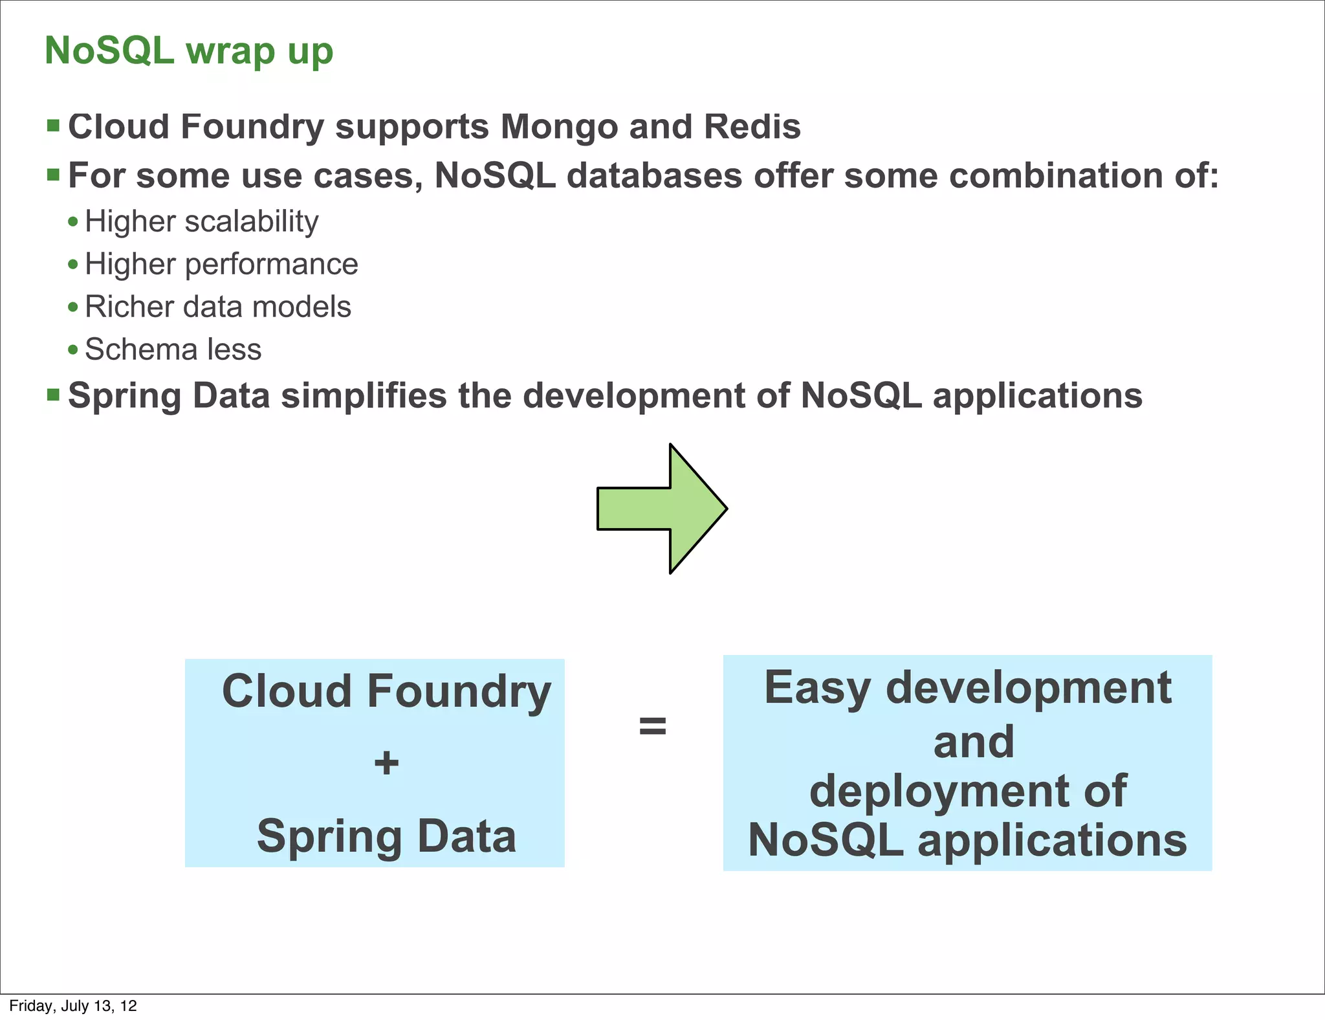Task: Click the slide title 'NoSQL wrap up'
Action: [x=189, y=51]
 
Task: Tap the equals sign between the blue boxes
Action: [x=652, y=726]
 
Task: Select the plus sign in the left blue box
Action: [x=386, y=762]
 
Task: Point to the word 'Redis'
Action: [x=752, y=127]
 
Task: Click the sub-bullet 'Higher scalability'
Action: [x=201, y=221]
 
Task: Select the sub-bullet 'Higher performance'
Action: [x=221, y=264]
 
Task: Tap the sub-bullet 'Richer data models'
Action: [x=217, y=307]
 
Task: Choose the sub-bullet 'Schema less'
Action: [x=173, y=349]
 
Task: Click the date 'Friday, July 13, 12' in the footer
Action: [x=73, y=1006]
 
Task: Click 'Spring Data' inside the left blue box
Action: [x=386, y=836]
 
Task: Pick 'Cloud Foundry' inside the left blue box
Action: [x=386, y=691]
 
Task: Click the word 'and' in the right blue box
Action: [x=973, y=742]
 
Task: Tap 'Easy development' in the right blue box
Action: [x=967, y=687]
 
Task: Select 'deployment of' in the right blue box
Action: [x=967, y=791]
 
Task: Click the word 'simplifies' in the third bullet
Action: [x=364, y=395]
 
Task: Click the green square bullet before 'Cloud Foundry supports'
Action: [x=54, y=125]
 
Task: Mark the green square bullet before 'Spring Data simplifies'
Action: [x=54, y=394]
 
